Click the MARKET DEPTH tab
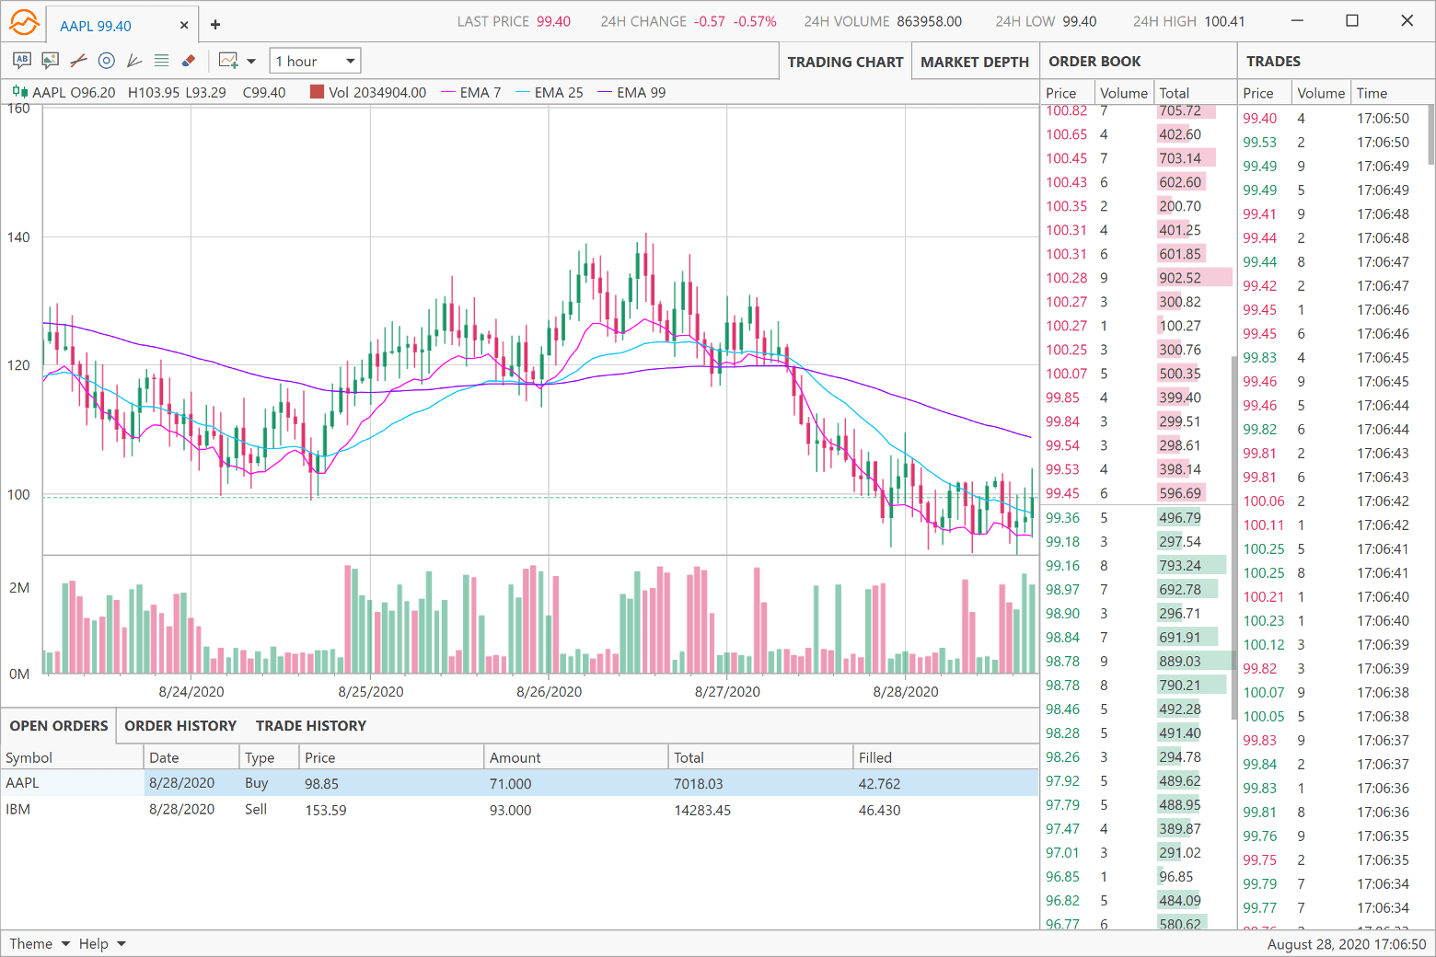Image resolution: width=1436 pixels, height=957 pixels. pos(974,62)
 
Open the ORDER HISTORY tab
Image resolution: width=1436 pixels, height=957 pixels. pos(180,726)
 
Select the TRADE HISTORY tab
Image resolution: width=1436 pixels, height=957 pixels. pos(310,726)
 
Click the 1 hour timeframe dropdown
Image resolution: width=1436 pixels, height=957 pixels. pos(315,61)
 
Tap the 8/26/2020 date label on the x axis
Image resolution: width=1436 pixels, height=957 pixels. pos(549,692)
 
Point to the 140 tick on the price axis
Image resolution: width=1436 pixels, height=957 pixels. pos(18,237)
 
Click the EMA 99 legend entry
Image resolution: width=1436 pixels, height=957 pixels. pos(641,92)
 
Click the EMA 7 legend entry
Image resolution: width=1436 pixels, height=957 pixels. pos(480,92)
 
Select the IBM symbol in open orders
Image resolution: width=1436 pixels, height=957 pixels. pos(18,810)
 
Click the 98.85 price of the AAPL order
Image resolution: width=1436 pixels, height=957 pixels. pos(321,784)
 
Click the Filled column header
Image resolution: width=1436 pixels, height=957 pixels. pos(874,757)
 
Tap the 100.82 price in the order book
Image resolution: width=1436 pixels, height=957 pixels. pos(1066,111)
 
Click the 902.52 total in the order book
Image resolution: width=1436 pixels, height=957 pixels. pos(1180,278)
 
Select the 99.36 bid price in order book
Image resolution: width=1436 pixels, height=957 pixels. pos(1062,518)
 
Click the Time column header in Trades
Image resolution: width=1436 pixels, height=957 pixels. pos(1372,93)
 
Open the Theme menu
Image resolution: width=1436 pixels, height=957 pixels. pos(40,943)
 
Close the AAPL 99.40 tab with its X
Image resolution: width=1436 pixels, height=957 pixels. pos(184,26)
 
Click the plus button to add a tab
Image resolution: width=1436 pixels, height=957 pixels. pos(215,25)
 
